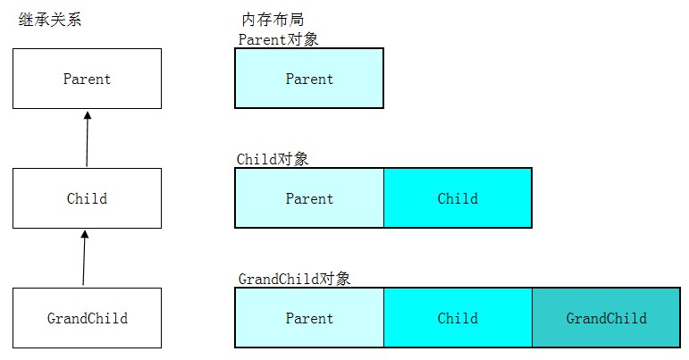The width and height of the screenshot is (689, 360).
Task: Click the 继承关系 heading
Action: (50, 20)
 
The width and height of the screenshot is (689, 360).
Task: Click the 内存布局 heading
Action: (273, 20)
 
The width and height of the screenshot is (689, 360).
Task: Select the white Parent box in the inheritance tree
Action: (87, 79)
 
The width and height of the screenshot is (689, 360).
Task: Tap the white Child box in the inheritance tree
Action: (87, 198)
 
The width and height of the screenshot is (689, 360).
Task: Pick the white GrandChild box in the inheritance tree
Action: (87, 318)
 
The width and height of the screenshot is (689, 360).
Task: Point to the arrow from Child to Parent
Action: (87, 138)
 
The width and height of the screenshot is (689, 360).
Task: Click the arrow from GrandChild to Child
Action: (84, 258)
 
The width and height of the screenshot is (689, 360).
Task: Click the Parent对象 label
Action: (278, 39)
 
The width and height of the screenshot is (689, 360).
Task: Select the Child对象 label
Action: (273, 159)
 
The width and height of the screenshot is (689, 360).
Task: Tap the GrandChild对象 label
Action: (294, 279)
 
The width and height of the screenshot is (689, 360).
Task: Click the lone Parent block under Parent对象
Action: (309, 78)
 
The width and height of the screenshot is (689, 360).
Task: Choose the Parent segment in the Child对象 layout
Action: (309, 198)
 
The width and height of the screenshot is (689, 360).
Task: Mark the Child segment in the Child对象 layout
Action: (458, 198)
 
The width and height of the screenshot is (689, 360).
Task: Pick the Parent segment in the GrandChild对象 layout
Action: (309, 318)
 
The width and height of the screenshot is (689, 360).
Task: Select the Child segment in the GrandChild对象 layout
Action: (458, 318)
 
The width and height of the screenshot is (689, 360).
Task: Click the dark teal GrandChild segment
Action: (607, 318)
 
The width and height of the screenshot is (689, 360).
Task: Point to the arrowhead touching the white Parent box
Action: (88, 115)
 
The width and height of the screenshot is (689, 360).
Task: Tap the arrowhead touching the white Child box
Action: (85, 234)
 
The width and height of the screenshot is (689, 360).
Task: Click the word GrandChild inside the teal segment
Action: (607, 318)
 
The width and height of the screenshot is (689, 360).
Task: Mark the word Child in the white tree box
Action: (87, 198)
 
